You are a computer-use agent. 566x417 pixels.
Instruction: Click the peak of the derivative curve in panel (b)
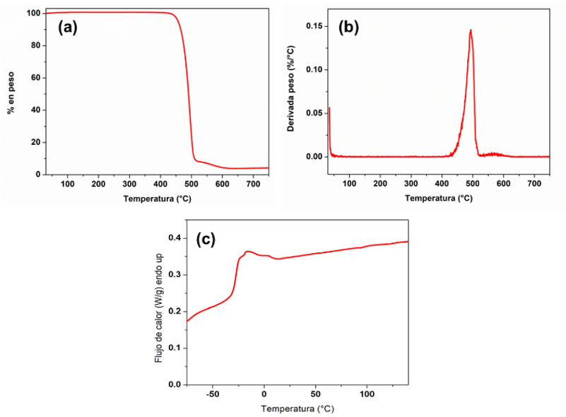[x=471, y=30]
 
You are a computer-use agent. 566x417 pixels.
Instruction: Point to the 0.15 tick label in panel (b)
[x=314, y=26]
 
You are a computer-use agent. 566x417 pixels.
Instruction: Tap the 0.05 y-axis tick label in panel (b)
[x=314, y=113]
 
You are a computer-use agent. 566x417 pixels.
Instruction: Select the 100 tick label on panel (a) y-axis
[x=32, y=13]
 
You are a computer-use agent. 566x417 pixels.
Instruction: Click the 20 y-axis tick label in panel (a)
[x=34, y=142]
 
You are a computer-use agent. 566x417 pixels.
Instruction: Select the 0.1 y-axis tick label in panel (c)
[x=175, y=348]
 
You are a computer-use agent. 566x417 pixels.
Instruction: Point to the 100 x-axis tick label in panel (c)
[x=367, y=394]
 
